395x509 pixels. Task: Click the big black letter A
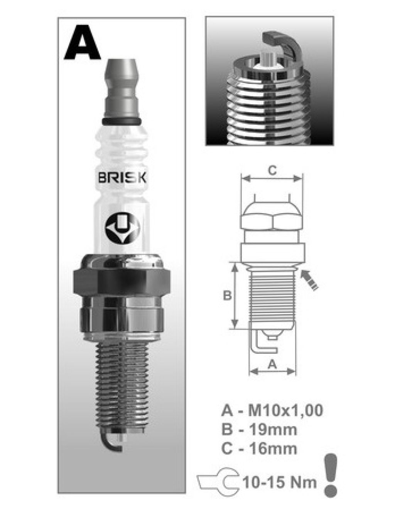82,43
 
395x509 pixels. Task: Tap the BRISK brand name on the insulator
122,178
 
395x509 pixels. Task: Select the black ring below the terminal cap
122,121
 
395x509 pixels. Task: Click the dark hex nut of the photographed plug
122,282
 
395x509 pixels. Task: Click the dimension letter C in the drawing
272,171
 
